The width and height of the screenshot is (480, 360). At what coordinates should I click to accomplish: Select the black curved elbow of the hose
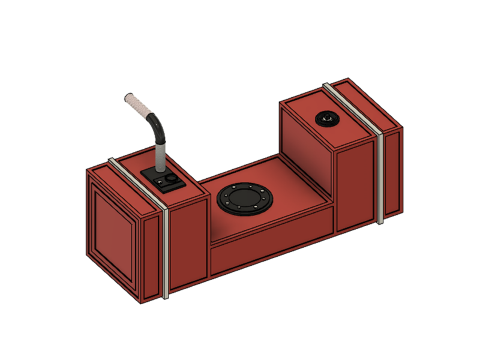(x=157, y=125)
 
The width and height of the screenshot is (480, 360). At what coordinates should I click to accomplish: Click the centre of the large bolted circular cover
(x=245, y=199)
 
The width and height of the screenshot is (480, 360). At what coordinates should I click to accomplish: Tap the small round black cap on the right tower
(x=328, y=119)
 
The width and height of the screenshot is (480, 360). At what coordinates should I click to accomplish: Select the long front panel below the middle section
(x=270, y=250)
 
